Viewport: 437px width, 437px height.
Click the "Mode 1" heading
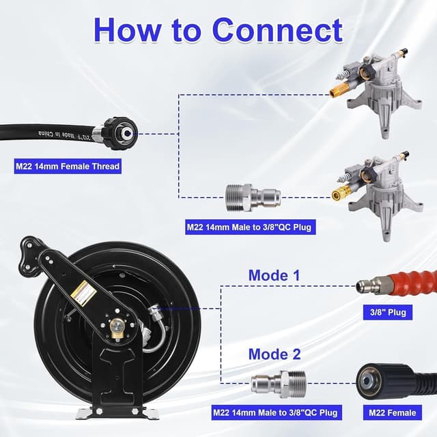[274, 274]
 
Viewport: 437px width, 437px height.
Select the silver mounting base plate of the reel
[117, 413]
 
